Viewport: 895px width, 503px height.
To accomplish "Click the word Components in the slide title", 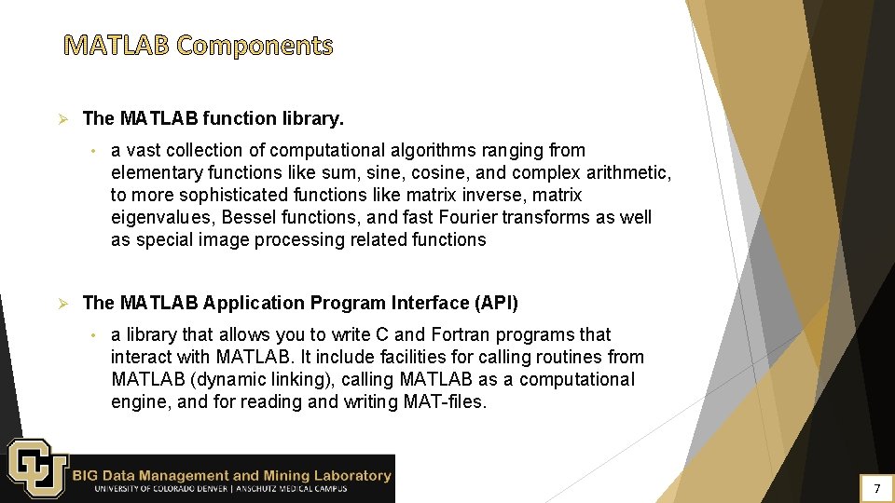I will (x=254, y=45).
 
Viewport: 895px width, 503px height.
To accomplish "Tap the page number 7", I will (x=875, y=488).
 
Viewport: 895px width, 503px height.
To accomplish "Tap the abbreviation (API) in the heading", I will (x=496, y=303).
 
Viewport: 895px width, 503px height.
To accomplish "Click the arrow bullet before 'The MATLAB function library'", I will (x=64, y=119).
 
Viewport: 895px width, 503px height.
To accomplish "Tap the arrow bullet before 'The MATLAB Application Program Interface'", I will (x=64, y=304).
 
